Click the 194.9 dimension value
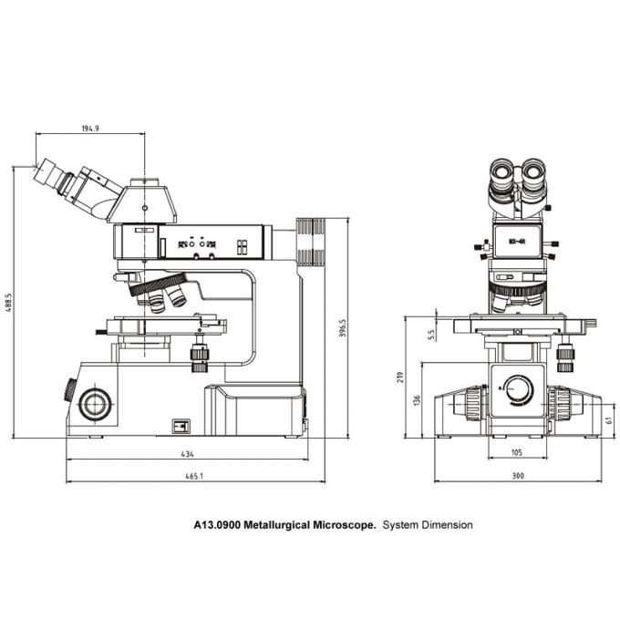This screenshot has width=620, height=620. click(x=89, y=129)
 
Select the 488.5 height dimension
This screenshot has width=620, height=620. click(x=8, y=303)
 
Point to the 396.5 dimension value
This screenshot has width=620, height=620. click(x=343, y=326)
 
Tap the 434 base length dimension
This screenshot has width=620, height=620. click(x=187, y=453)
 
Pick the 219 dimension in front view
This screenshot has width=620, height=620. click(x=401, y=377)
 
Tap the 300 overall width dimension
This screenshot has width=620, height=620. click(x=517, y=475)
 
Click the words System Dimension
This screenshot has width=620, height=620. click(x=427, y=525)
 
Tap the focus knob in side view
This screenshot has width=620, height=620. click(x=95, y=402)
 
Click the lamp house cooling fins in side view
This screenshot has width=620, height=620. click(x=310, y=242)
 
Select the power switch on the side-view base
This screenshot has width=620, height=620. click(x=181, y=425)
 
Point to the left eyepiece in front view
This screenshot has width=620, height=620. click(x=502, y=174)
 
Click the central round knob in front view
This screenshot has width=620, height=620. click(x=518, y=390)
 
